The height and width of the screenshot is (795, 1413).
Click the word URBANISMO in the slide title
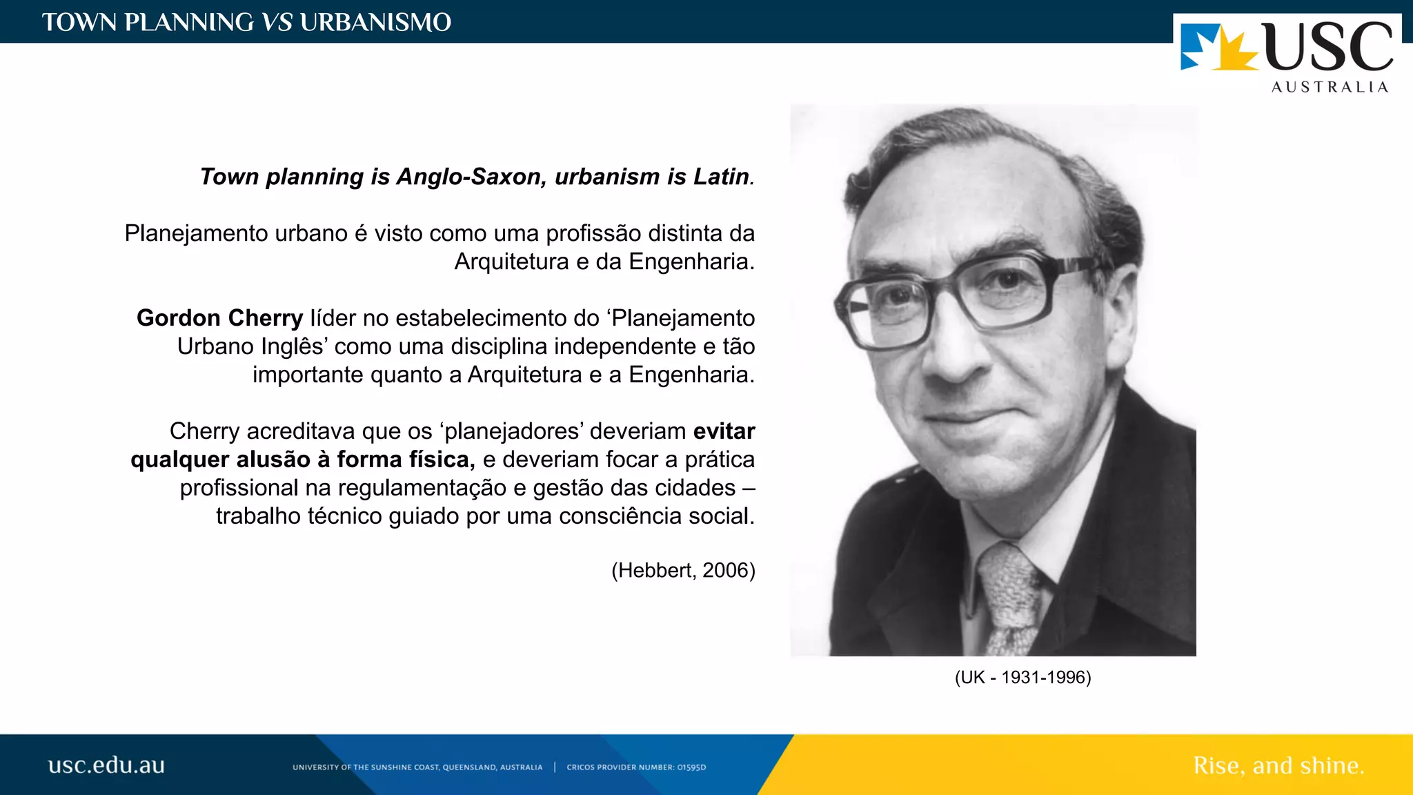[x=375, y=23]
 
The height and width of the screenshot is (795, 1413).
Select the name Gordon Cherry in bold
[x=219, y=318]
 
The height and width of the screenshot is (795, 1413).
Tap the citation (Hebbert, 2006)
[x=683, y=571]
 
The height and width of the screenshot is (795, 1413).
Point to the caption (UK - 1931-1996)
[x=1022, y=678]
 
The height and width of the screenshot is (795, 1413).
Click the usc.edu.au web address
[x=106, y=765]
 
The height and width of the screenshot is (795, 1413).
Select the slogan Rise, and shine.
[x=1278, y=766]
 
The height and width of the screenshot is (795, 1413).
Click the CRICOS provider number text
[x=636, y=767]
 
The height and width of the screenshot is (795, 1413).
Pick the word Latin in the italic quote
[x=721, y=177]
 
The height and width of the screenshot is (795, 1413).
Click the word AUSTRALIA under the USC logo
[x=1330, y=88]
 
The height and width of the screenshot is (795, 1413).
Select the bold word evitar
[x=724, y=431]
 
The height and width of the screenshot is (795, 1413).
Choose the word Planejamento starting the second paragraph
[x=196, y=234]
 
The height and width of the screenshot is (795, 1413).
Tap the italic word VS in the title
[x=277, y=23]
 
